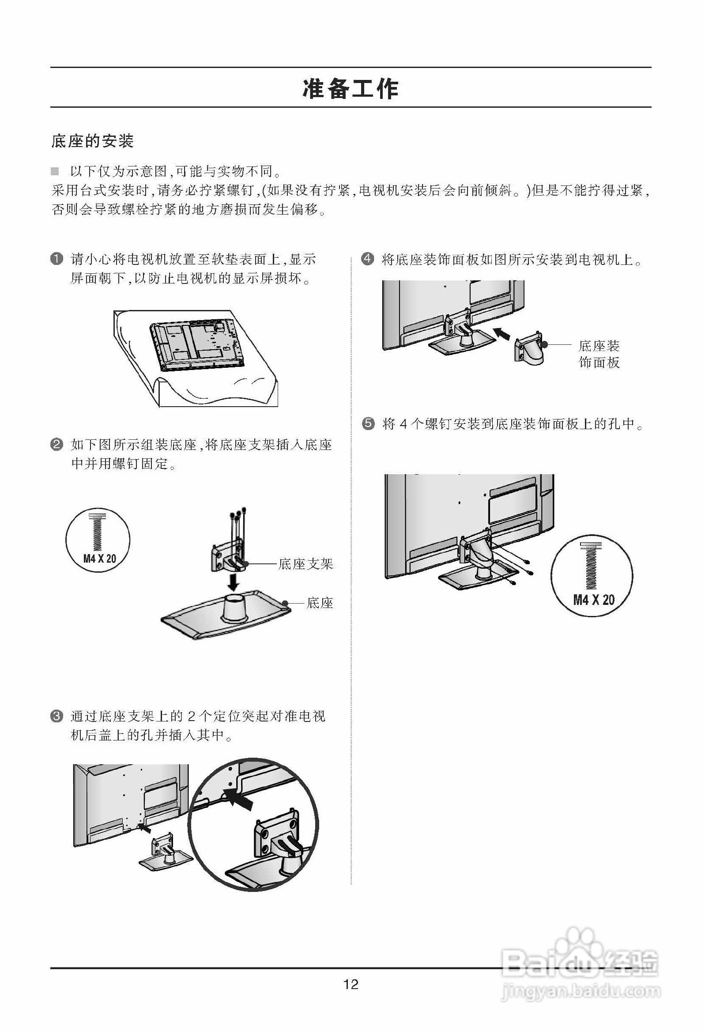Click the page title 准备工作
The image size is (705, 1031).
351,89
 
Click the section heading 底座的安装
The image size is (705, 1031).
92,141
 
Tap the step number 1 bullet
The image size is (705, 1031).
57,259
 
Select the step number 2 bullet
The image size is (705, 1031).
57,444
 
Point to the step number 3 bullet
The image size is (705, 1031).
57,716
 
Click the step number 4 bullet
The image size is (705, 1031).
368,259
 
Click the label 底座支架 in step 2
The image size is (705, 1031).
305,564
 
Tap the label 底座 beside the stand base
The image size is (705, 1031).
320,603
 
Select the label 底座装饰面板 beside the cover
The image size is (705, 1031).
599,354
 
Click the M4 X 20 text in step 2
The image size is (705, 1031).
99,559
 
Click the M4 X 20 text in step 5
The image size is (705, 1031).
594,600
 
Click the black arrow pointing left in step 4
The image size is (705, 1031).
502,334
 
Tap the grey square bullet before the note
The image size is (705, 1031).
55,171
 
